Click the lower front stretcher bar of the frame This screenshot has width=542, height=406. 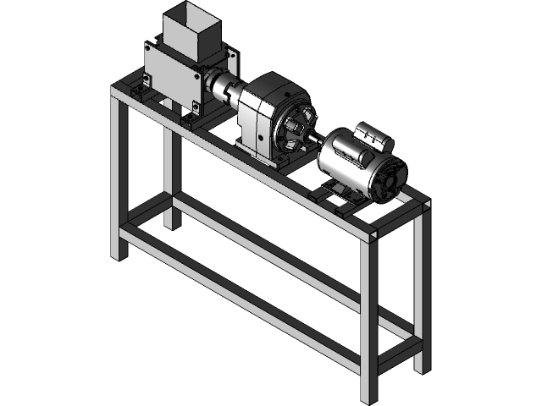coord(246,296)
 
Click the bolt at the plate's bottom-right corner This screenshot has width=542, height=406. coord(196,106)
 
